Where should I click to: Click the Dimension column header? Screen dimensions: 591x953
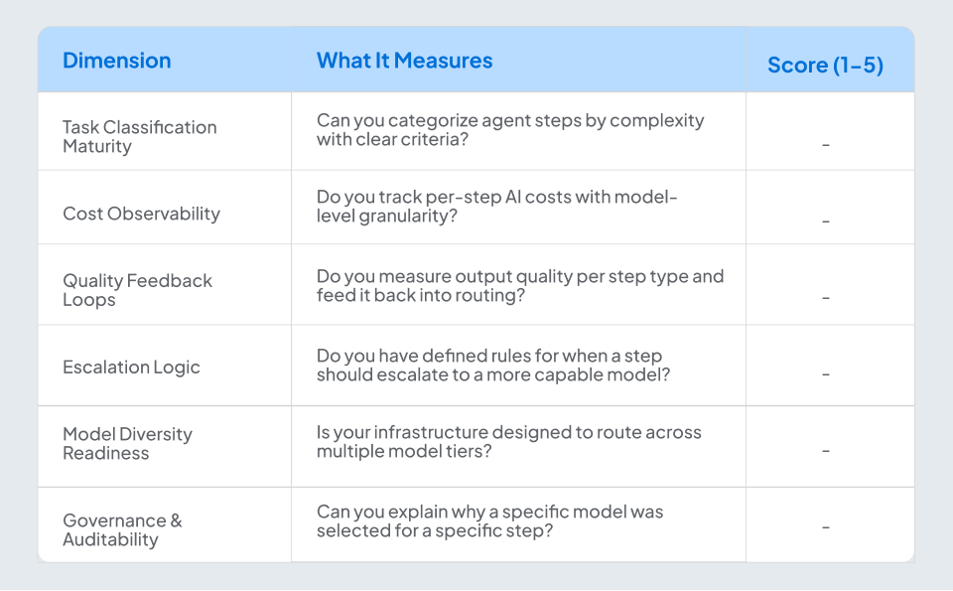coord(116,61)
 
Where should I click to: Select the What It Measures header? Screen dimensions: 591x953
coord(404,61)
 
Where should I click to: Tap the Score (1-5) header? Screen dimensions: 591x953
coord(825,66)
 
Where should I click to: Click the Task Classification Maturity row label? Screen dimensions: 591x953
coord(139,136)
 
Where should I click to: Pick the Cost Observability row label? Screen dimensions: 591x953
coord(141,214)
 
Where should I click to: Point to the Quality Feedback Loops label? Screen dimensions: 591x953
coord(137,290)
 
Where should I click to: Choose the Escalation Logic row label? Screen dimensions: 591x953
coord(131,367)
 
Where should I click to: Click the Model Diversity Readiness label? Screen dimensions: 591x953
coord(127,443)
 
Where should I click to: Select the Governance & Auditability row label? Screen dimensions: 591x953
coord(122,529)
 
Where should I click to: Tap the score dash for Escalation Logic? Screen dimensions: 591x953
coord(826,374)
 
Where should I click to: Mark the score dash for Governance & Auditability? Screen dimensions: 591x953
coord(826,527)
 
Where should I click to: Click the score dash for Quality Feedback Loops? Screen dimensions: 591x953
coord(826,298)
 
